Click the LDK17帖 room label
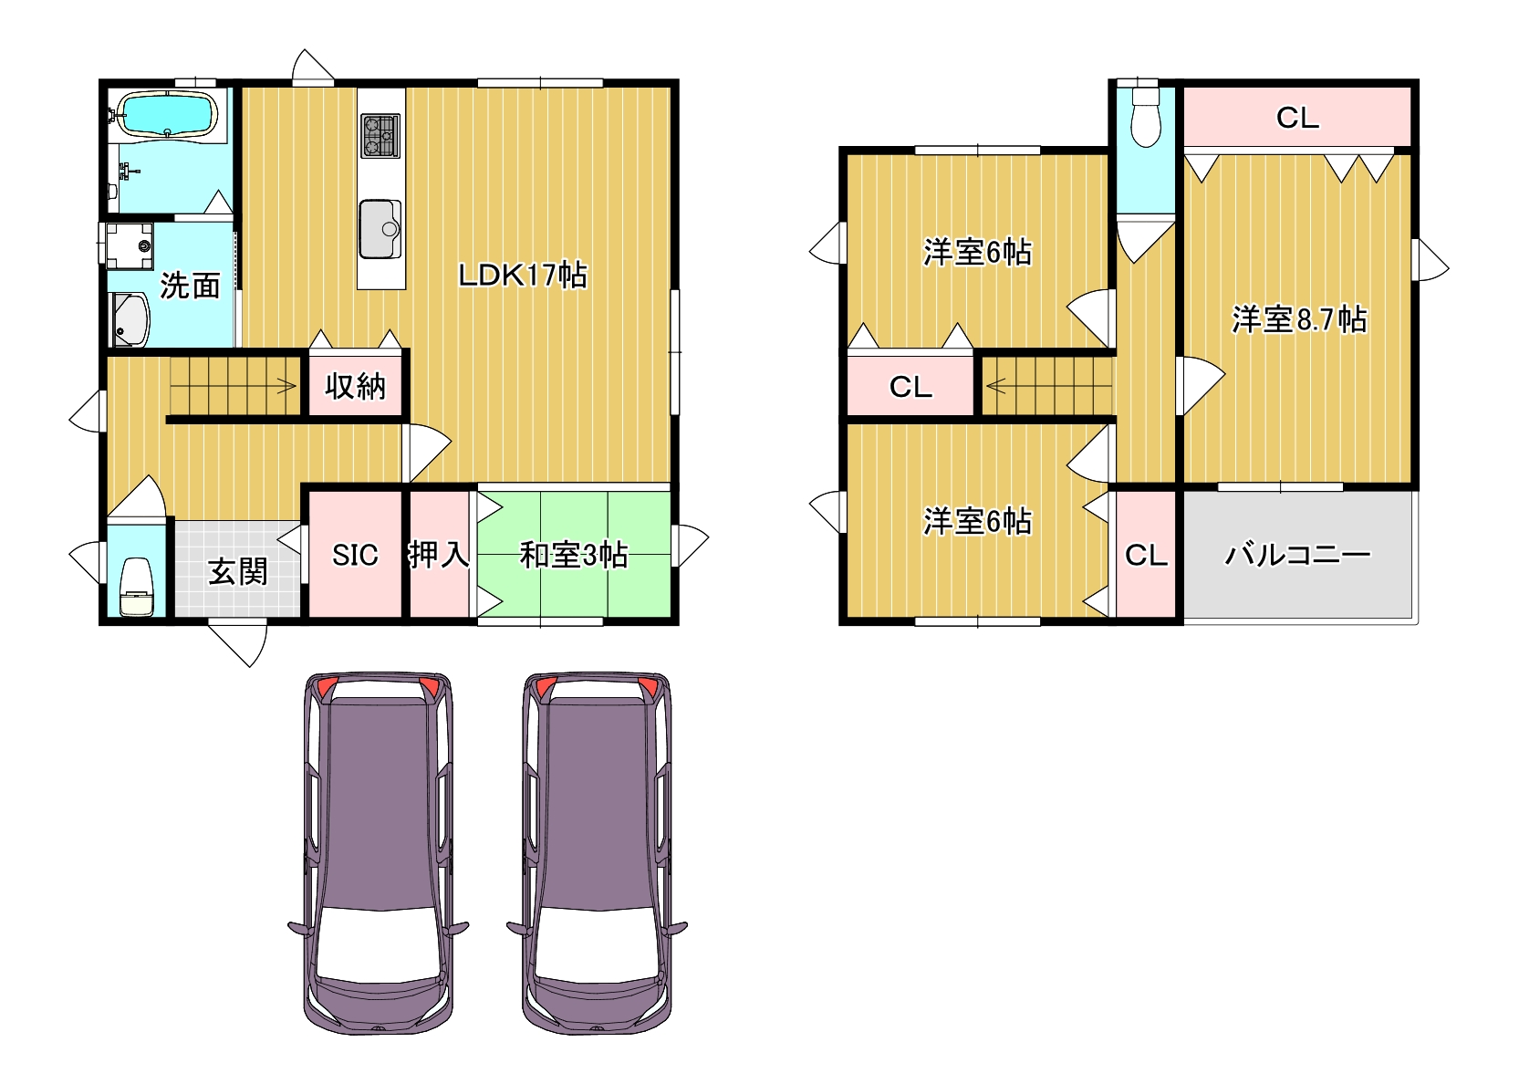point(522,275)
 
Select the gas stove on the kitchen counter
point(380,136)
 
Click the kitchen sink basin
point(380,229)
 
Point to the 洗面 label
point(190,286)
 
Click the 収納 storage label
point(355,386)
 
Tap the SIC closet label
point(355,555)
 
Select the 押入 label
point(439,554)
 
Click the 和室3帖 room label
point(574,555)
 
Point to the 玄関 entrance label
point(237,571)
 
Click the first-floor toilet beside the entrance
point(136,587)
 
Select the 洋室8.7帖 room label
point(1298,318)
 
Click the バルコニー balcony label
point(1298,555)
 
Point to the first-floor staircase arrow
point(233,387)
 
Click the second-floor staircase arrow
point(1049,387)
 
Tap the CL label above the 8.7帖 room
point(1297,118)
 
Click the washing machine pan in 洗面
point(130,245)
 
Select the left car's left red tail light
point(324,686)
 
